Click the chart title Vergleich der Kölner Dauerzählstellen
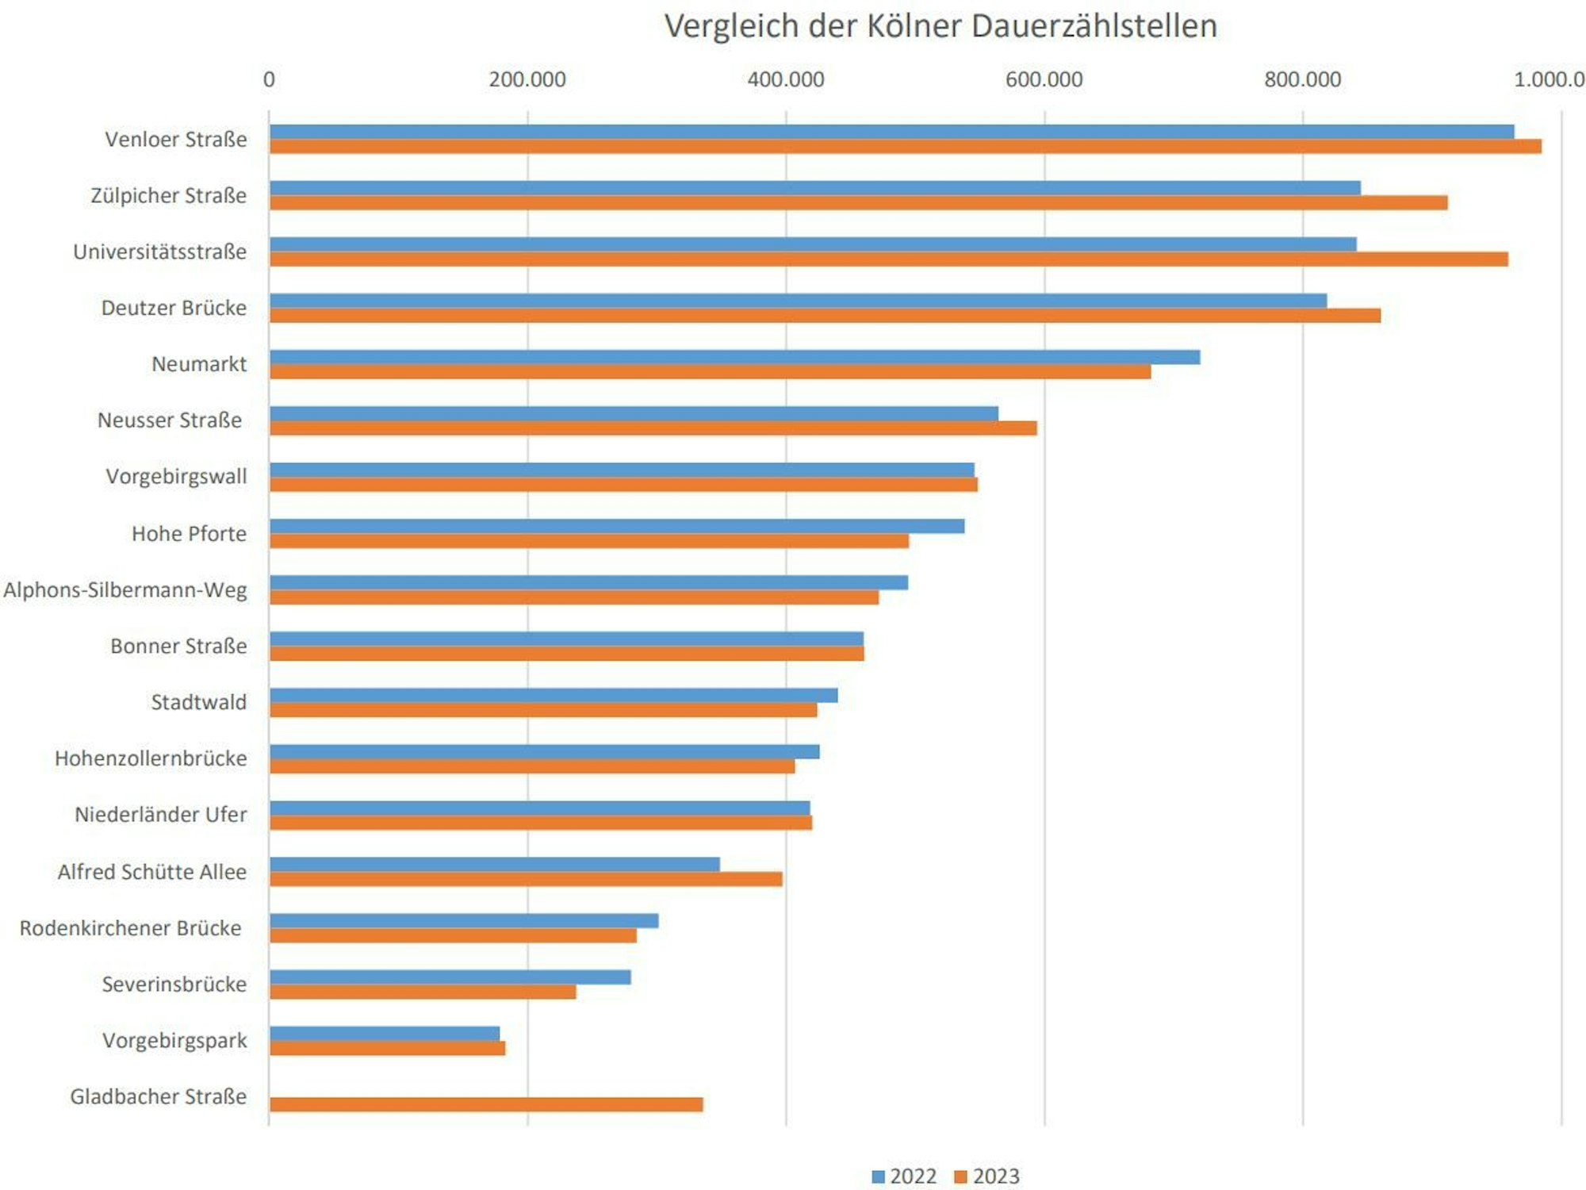pyautogui.click(x=940, y=26)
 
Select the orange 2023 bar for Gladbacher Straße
pyautogui.click(x=485, y=1104)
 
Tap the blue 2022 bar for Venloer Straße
pyautogui.click(x=891, y=132)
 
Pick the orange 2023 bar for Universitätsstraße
pyautogui.click(x=888, y=259)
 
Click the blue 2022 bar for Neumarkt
pyautogui.click(x=734, y=357)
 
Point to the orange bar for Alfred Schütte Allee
pyautogui.click(x=525, y=879)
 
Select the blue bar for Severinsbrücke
pyautogui.click(x=450, y=977)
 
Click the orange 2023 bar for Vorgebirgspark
pyautogui.click(x=387, y=1048)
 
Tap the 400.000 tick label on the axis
pyautogui.click(x=785, y=79)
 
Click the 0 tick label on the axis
pyautogui.click(x=269, y=79)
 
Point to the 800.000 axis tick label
pyautogui.click(x=1302, y=79)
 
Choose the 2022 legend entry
pyautogui.click(x=904, y=1176)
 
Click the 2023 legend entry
pyautogui.click(x=986, y=1176)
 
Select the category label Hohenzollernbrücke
pyautogui.click(x=151, y=758)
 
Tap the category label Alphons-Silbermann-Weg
pyautogui.click(x=125, y=590)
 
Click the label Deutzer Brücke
pyautogui.click(x=174, y=308)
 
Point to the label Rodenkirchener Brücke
pyautogui.click(x=131, y=928)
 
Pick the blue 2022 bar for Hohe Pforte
pyautogui.click(x=616, y=526)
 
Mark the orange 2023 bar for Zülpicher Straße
pyautogui.click(x=858, y=203)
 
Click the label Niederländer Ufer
pyautogui.click(x=160, y=815)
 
